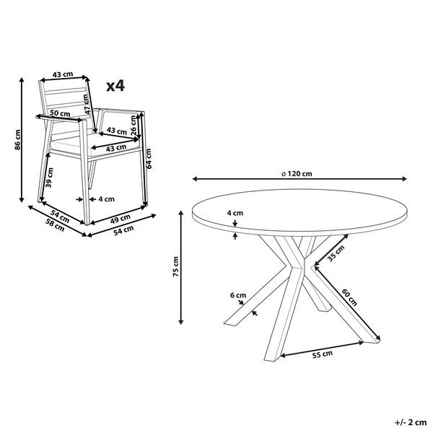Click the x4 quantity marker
(115, 86)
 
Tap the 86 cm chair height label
(17, 140)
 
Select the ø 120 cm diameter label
(297, 174)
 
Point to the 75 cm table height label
(176, 267)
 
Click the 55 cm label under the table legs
(323, 354)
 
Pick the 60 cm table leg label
(349, 297)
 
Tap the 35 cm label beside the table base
(336, 253)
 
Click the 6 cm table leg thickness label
(238, 295)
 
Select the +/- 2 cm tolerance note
(411, 422)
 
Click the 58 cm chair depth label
(55, 225)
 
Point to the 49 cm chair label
(121, 219)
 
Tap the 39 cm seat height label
(49, 178)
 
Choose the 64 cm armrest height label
(149, 159)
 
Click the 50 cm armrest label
(60, 113)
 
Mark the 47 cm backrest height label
(86, 105)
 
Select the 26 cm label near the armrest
(134, 126)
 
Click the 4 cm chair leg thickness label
(106, 199)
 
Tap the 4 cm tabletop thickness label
(235, 213)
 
